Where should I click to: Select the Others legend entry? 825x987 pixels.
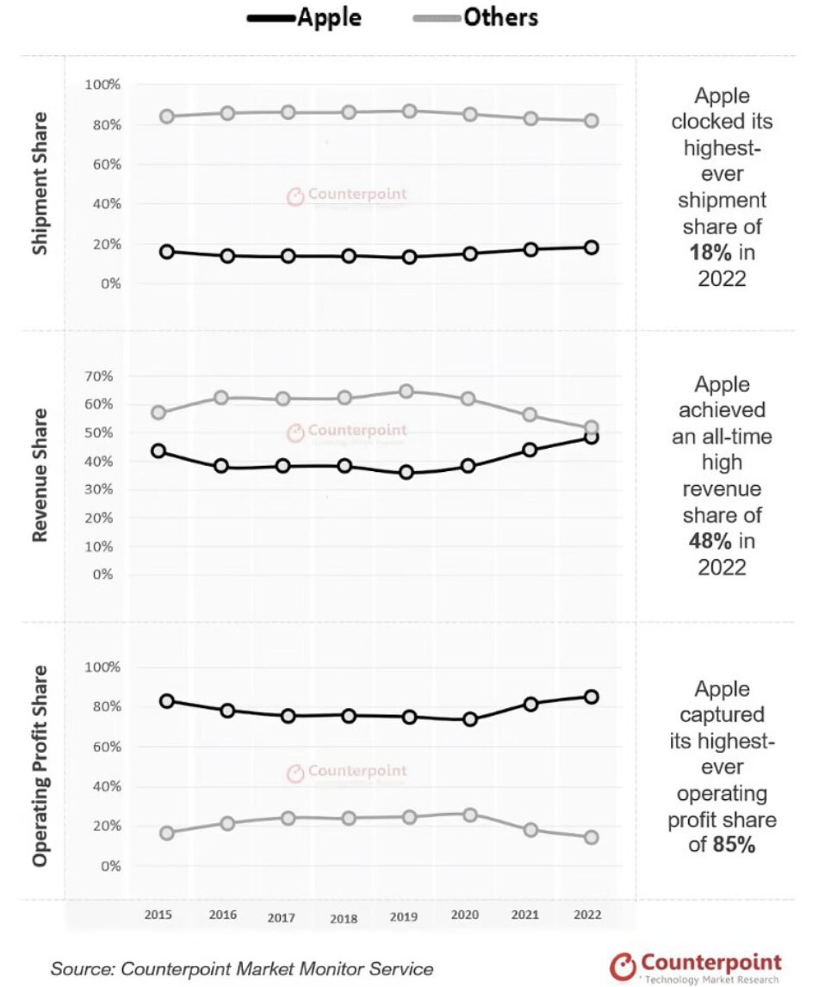(481, 17)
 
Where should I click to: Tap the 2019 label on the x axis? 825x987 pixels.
(404, 916)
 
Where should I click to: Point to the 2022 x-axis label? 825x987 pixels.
(587, 915)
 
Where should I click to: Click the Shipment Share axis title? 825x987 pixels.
(40, 185)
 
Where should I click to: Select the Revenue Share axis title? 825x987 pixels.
(40, 475)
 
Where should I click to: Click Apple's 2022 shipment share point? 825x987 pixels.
(591, 247)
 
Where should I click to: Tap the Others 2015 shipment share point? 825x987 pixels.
(167, 117)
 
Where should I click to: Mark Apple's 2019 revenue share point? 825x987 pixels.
(406, 472)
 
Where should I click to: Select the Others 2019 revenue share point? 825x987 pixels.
(406, 392)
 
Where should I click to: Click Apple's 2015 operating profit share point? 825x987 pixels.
(167, 701)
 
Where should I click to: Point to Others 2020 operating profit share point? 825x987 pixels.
(469, 815)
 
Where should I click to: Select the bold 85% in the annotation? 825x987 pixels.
(733, 845)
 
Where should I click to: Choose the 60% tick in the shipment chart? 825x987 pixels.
(102, 164)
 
